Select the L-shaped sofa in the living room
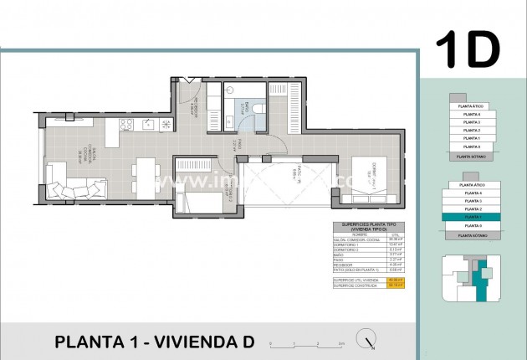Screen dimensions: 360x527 coord(71,180)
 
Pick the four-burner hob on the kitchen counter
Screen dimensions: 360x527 coord(128,125)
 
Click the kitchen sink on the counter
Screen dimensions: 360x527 coord(149,125)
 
